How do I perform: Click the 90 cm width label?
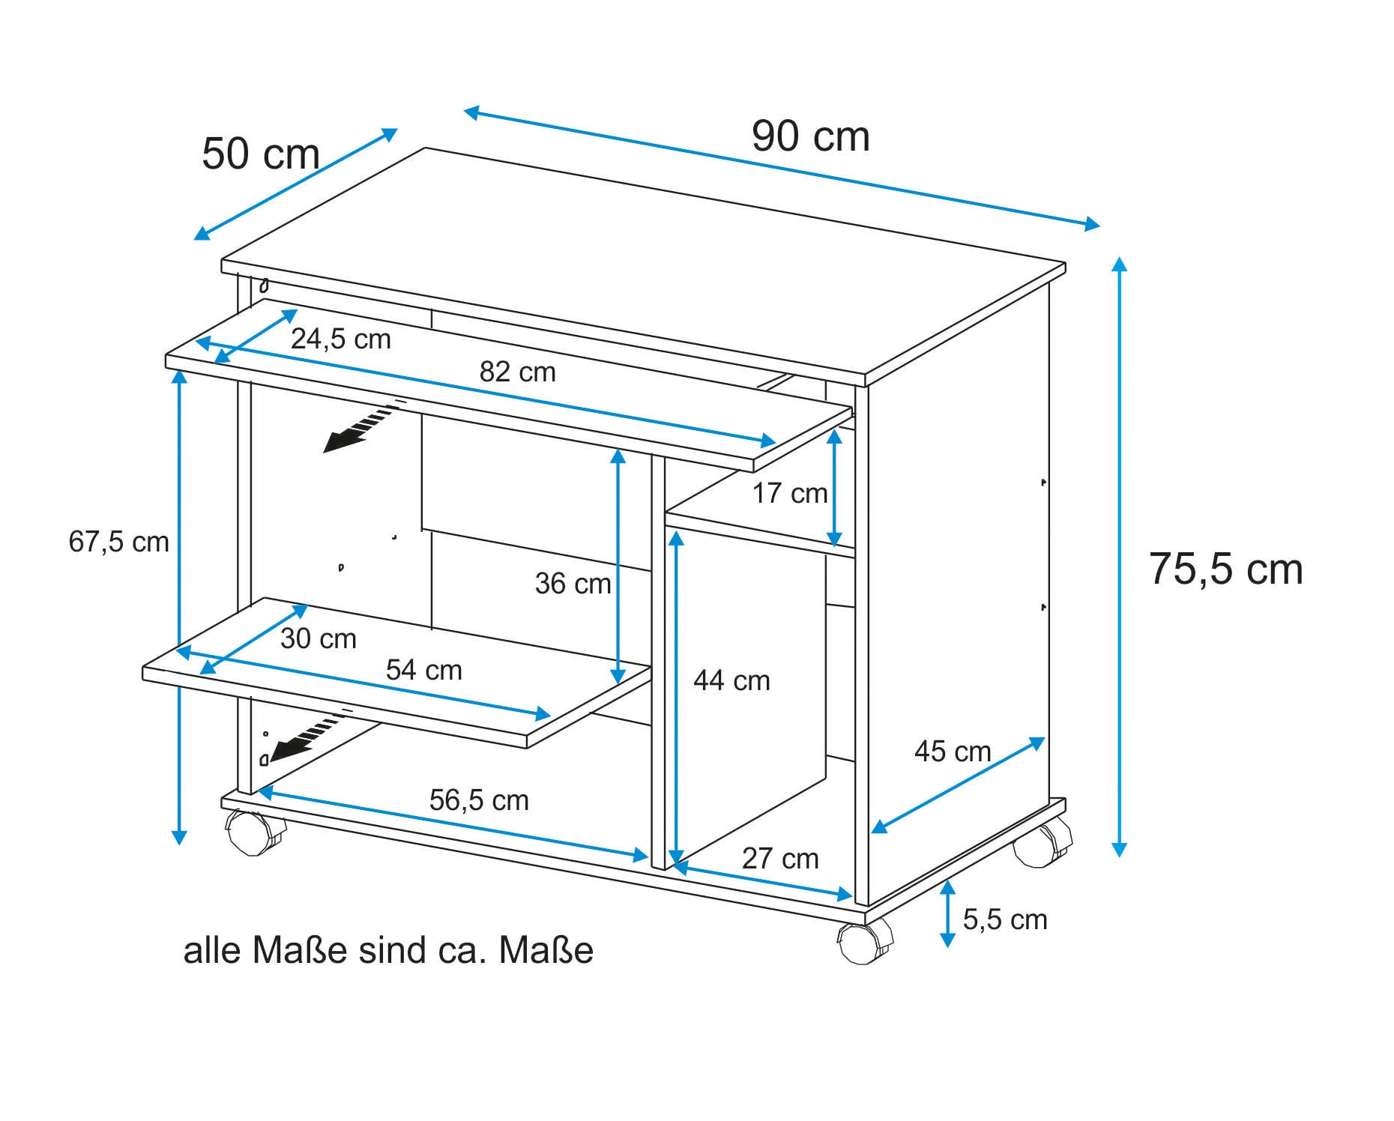tap(810, 136)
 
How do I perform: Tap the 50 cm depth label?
tap(261, 154)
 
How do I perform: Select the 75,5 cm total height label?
tap(1226, 569)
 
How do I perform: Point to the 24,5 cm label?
tap(341, 339)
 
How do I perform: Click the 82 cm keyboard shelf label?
tap(518, 372)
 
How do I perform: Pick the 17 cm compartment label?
tap(790, 493)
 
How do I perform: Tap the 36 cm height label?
tap(573, 584)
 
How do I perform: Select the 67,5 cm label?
tap(119, 542)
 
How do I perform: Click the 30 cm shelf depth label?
tap(319, 638)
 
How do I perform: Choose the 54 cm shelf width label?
tap(424, 670)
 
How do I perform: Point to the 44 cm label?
tap(731, 680)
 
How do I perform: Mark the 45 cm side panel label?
tap(953, 752)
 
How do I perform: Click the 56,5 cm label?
tap(479, 800)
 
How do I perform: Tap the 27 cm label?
tap(780, 859)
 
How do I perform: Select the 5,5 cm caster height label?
tap(1005, 919)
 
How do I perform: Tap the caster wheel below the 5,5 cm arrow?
tap(866, 942)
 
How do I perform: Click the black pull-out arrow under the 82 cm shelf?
tap(358, 427)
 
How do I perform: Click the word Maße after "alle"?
tap(300, 951)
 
